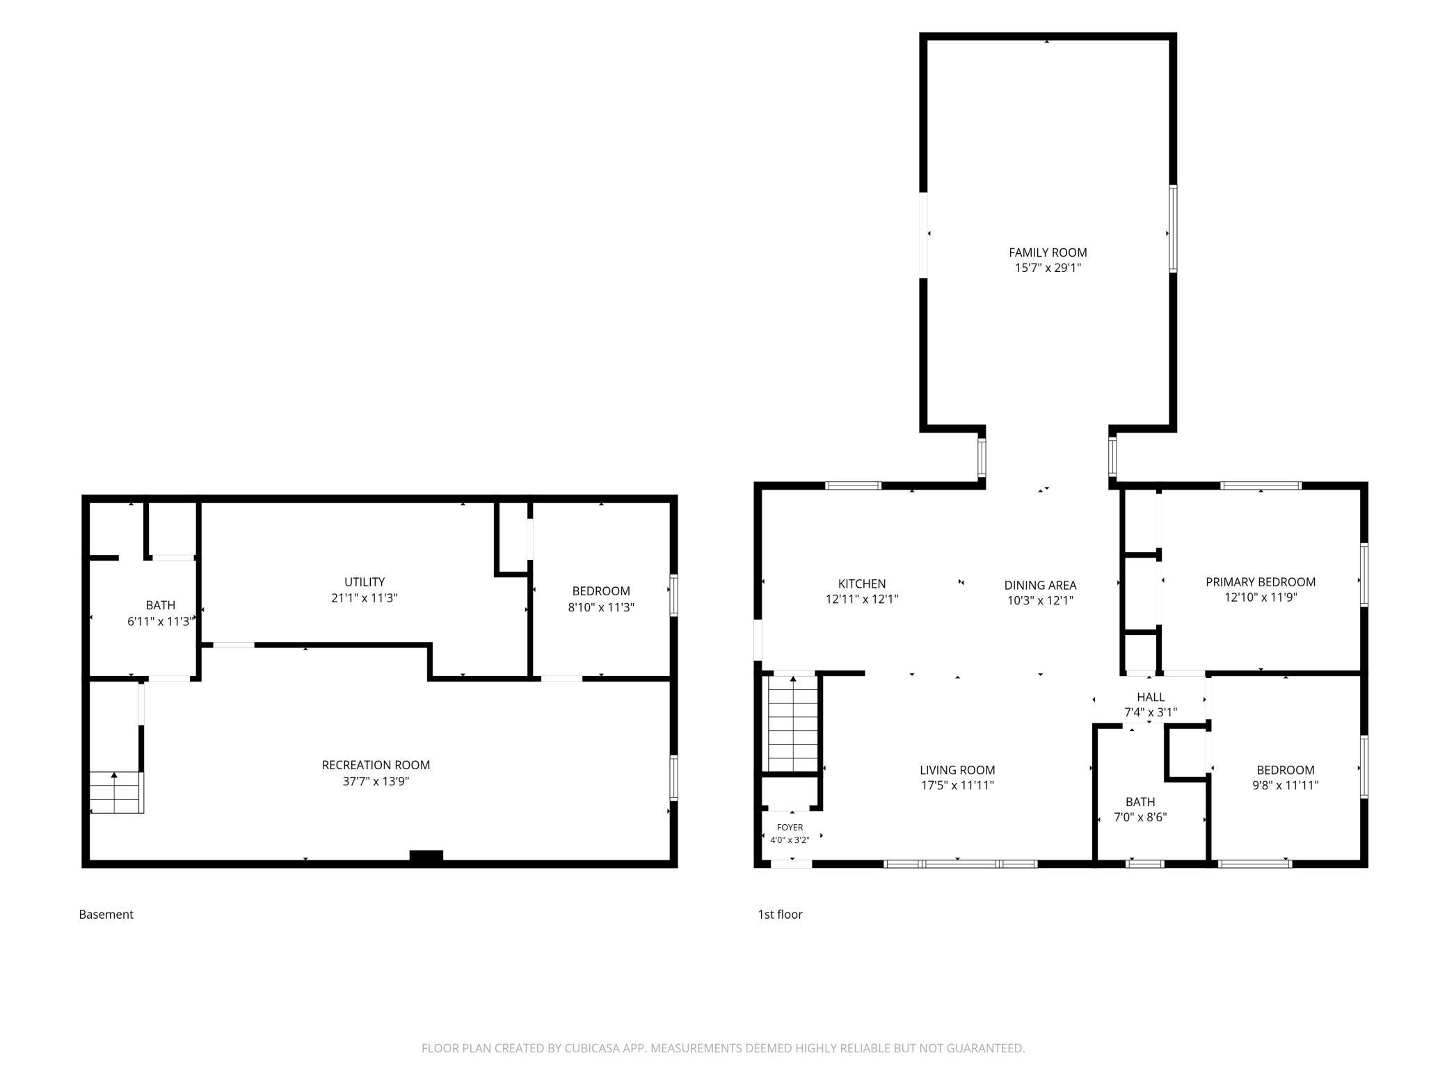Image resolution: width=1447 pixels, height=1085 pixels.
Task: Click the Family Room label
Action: click(x=1048, y=252)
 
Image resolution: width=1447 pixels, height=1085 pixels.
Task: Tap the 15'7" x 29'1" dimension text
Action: click(x=1048, y=268)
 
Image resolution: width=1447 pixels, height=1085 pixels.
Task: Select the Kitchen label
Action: click(x=862, y=584)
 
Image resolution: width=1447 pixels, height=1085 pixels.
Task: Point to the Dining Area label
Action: click(x=1040, y=586)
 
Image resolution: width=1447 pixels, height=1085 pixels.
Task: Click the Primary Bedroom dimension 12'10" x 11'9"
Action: click(x=1261, y=597)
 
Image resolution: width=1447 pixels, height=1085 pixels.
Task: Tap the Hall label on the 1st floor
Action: click(x=1151, y=697)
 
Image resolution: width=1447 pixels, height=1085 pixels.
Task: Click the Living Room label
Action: click(x=957, y=770)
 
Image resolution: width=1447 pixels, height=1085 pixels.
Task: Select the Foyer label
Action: click(x=790, y=827)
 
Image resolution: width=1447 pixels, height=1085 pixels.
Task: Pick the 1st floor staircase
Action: click(x=792, y=723)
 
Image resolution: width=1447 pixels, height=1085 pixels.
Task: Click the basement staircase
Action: click(x=116, y=792)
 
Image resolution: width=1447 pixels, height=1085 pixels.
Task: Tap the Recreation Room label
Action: click(x=376, y=765)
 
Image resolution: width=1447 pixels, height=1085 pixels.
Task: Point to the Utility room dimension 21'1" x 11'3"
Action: click(x=365, y=597)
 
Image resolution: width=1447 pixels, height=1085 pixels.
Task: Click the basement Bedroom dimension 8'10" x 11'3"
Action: click(x=601, y=606)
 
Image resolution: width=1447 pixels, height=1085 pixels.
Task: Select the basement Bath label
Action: click(x=161, y=605)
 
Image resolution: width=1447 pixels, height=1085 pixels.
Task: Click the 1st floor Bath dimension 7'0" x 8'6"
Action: click(x=1140, y=817)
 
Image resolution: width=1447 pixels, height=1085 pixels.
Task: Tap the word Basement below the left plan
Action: click(x=106, y=915)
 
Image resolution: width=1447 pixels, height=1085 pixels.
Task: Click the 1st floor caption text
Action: click(x=780, y=915)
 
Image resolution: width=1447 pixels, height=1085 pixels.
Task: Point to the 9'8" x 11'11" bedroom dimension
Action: click(x=1286, y=785)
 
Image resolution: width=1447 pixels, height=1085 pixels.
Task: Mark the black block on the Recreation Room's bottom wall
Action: click(x=426, y=856)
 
